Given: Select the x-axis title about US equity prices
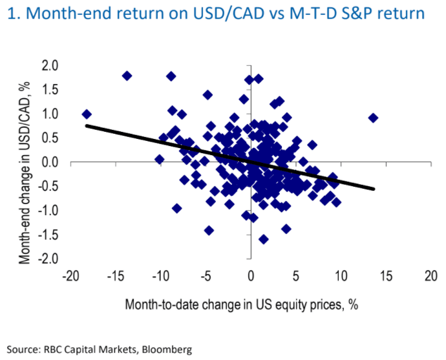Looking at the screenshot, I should pos(241,304).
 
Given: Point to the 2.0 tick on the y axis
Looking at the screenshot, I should pos(50,65).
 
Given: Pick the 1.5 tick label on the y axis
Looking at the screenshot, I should pos(50,90).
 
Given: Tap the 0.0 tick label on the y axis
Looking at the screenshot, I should pos(50,162).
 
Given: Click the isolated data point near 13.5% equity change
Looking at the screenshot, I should pos(373,118).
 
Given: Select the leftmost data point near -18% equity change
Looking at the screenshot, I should pos(87,114).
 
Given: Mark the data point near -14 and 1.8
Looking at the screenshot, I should pos(127,76).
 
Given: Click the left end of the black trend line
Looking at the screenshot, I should pos(87,125).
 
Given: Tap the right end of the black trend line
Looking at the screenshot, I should pos(374,189).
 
